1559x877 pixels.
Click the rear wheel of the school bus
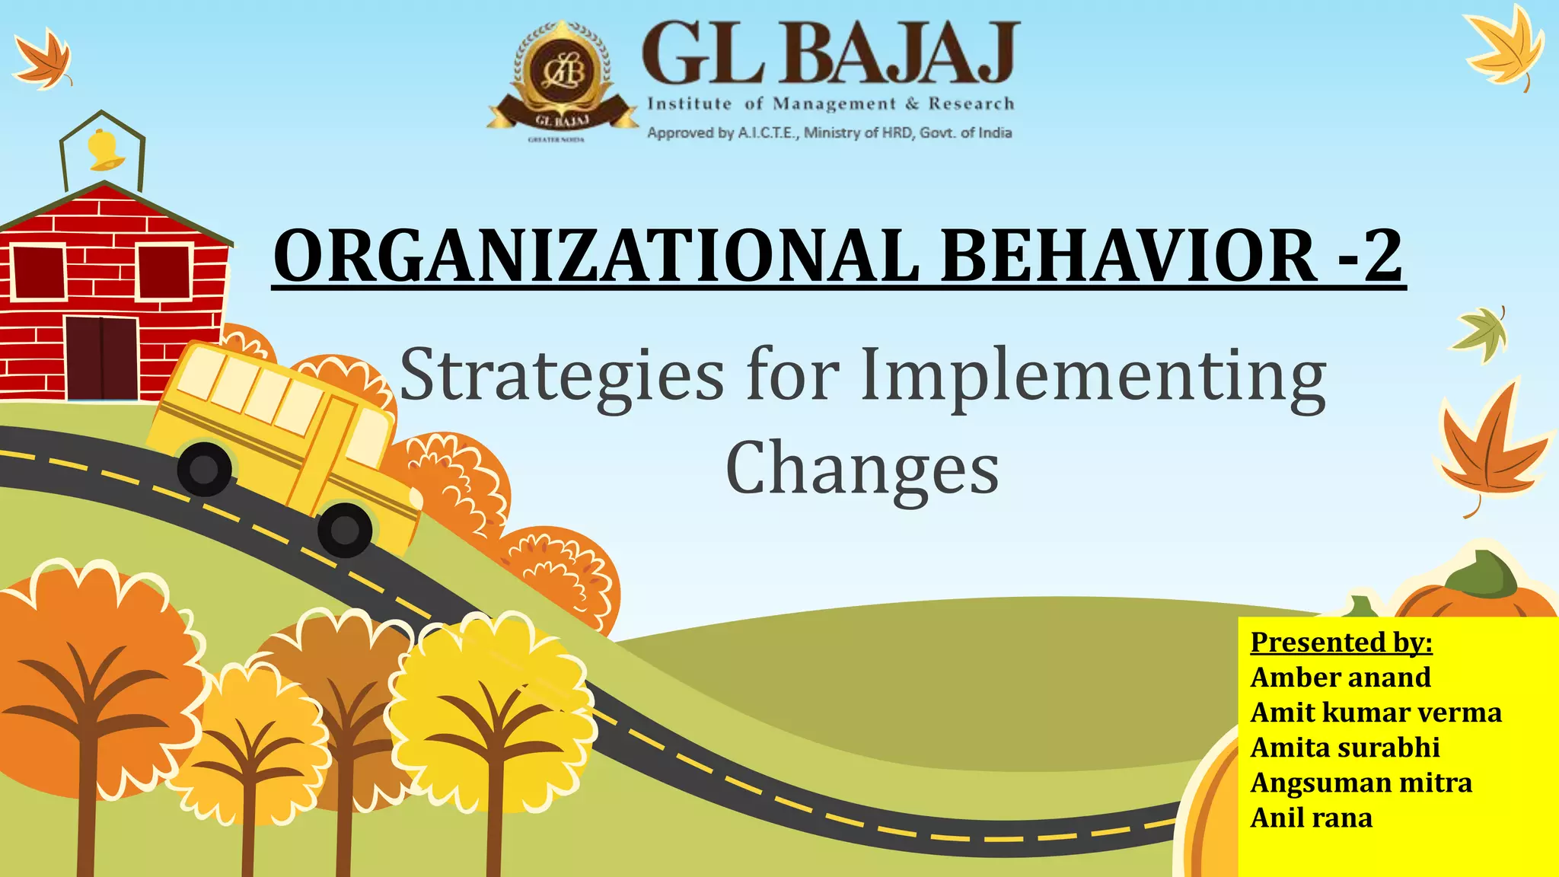pos(204,469)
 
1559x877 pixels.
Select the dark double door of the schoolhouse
pos(101,358)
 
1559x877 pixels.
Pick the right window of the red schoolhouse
pos(164,272)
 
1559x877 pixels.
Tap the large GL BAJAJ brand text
pos(830,53)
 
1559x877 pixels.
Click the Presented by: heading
pos(1341,643)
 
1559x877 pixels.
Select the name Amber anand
pos(1341,678)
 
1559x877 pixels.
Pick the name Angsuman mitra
pos(1361,783)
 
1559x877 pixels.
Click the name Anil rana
pos(1311,818)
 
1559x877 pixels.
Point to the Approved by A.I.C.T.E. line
pos(829,133)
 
